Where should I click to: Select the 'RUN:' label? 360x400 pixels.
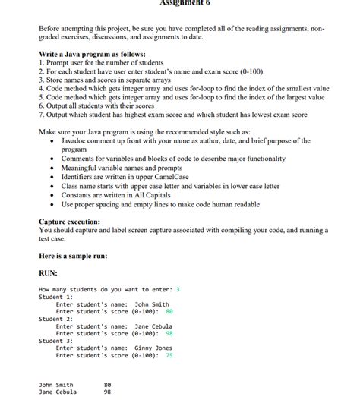[48, 273]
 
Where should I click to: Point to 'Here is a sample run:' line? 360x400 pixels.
[73, 256]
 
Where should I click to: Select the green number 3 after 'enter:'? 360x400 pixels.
[178, 289]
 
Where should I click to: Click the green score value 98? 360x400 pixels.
[169, 333]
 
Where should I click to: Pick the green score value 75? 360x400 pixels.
[169, 355]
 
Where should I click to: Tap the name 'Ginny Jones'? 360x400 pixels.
[153, 348]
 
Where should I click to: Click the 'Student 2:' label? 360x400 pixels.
[54, 319]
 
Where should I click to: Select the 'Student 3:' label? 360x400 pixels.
[54, 341]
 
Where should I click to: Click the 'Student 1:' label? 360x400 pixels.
[54, 297]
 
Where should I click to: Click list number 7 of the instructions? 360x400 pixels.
[41, 115]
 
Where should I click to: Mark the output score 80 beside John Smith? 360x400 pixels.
[107, 385]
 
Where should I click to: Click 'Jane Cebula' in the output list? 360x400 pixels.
[58, 392]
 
